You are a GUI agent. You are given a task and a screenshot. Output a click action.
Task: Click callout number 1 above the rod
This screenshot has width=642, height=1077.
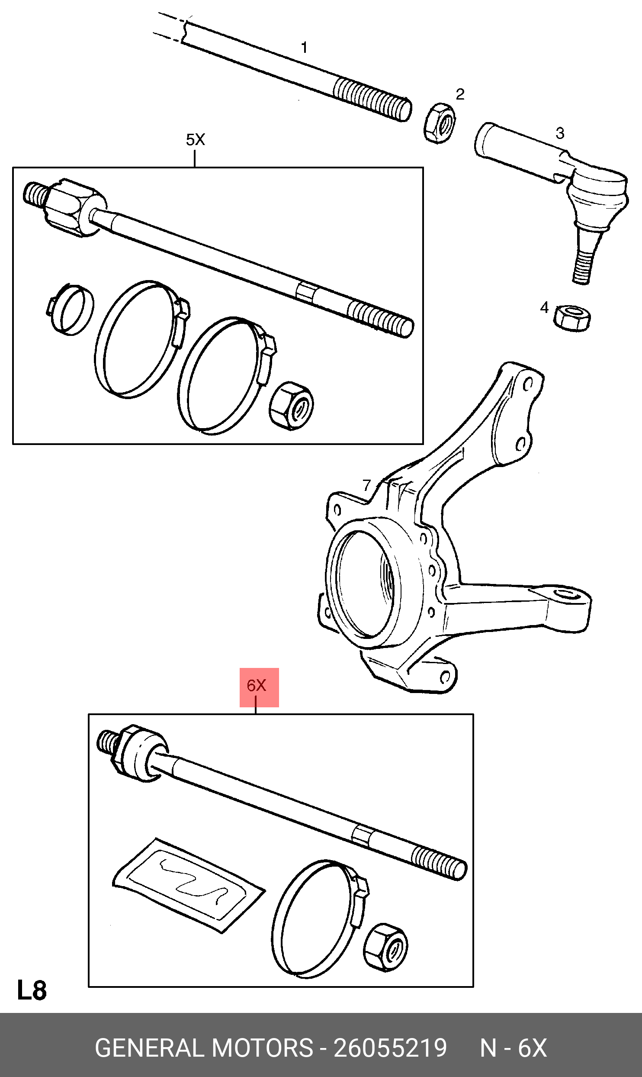[305, 47]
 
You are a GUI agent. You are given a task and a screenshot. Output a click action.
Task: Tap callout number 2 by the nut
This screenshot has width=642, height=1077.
[460, 94]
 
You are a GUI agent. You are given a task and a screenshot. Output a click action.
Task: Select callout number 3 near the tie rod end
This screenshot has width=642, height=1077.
[560, 133]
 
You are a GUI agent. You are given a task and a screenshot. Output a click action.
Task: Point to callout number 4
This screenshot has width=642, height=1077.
[544, 308]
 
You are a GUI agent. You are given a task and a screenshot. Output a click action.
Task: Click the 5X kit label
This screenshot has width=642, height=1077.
[195, 140]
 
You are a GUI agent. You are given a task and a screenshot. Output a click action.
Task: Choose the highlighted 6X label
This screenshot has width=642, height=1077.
[257, 685]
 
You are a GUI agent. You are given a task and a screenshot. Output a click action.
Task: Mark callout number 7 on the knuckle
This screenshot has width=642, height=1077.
[367, 485]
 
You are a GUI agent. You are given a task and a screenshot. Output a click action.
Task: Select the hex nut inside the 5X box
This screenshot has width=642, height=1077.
[291, 406]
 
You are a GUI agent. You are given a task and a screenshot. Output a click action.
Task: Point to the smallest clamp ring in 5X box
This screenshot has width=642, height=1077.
[71, 310]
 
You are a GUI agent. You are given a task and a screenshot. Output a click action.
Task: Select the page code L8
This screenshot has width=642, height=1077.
[32, 991]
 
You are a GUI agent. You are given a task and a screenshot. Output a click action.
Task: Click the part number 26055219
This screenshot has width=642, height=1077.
[390, 1048]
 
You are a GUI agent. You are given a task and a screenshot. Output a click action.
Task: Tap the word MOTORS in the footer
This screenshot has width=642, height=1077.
[262, 1048]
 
